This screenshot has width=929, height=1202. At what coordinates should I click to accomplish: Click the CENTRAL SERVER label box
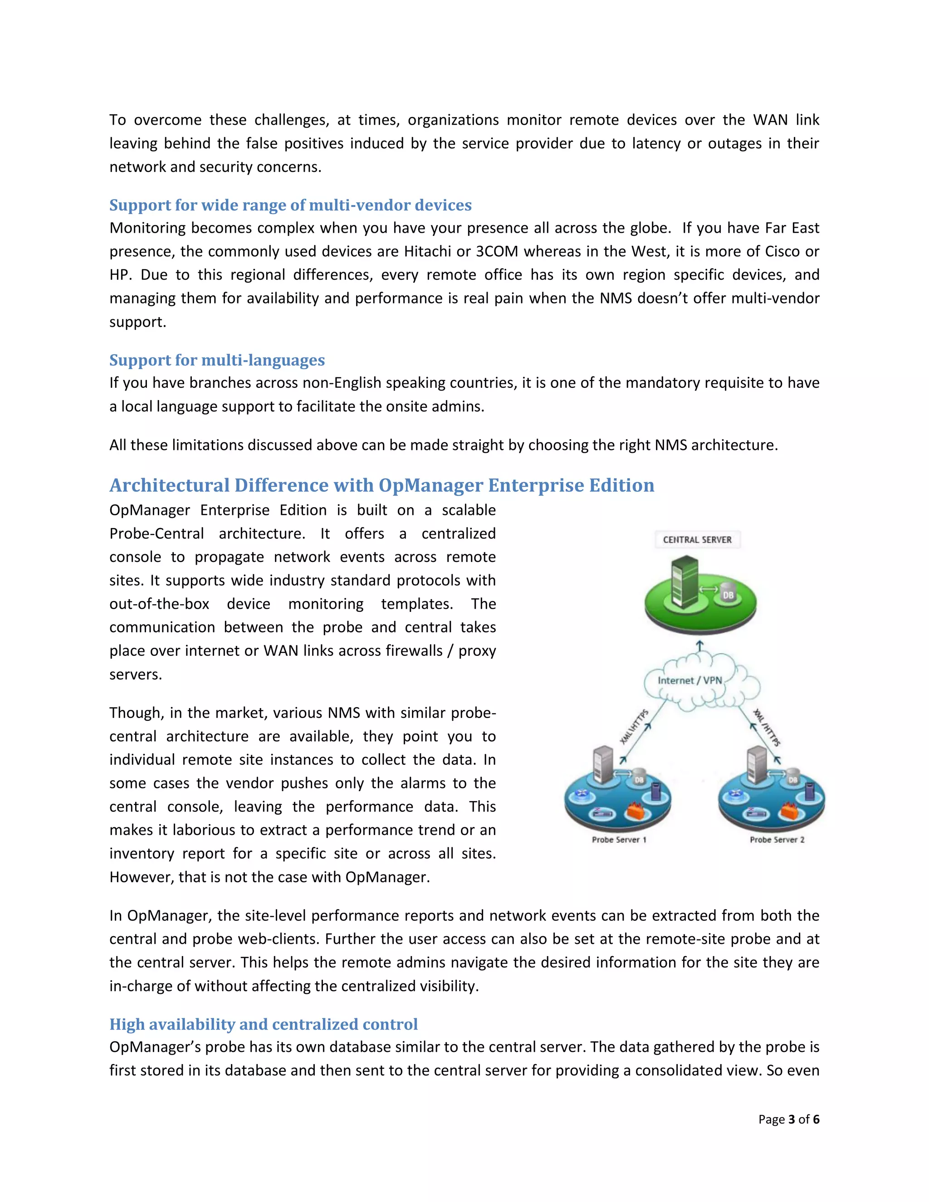pos(697,539)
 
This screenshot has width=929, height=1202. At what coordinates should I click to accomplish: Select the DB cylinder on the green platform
pos(728,594)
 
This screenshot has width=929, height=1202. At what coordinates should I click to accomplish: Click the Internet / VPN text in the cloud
pos(689,680)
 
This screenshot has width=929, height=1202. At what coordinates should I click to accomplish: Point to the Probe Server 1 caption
pos(619,839)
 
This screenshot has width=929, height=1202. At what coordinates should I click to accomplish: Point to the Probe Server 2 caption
pos(777,839)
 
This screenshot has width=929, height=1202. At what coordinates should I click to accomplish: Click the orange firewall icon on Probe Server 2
pos(790,810)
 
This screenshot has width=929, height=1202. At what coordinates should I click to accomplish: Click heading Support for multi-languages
pos(217,360)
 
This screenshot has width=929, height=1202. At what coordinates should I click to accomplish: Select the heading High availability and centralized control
pos(263,1024)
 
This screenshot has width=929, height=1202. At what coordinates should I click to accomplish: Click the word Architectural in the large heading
pos(169,485)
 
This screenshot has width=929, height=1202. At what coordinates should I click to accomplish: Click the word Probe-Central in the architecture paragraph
pos(156,534)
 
